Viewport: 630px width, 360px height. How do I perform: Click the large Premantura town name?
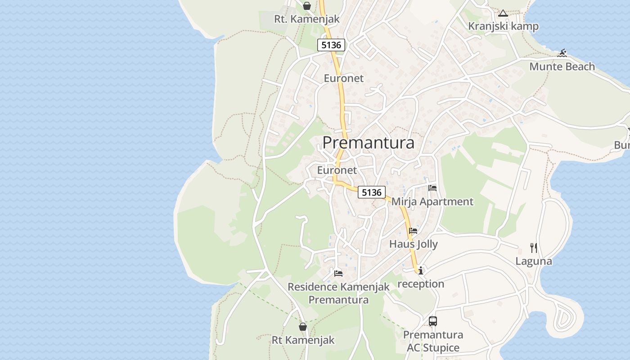(x=368, y=143)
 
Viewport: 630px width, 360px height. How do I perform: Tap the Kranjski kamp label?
(x=503, y=26)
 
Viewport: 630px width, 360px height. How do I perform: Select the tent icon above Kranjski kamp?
(x=503, y=13)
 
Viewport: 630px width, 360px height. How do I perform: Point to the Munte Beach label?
(x=562, y=67)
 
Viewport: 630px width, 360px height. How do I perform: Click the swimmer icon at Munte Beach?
(x=562, y=54)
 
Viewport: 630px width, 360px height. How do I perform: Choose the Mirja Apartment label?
(x=432, y=202)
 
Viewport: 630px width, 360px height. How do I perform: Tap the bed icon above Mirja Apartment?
(x=432, y=188)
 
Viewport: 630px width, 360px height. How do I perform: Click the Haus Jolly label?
(x=413, y=244)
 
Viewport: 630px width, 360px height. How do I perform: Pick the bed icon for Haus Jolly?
(x=413, y=231)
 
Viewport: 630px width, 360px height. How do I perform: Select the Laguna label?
(x=533, y=261)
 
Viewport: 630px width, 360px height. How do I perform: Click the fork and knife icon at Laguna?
(x=533, y=247)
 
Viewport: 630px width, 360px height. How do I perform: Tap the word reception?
(x=421, y=284)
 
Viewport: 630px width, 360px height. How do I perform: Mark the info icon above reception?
(x=421, y=270)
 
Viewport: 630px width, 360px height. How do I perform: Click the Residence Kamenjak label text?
(x=338, y=287)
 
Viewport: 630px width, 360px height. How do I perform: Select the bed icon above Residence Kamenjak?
(x=338, y=273)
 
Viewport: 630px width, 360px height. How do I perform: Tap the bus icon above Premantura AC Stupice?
(x=433, y=321)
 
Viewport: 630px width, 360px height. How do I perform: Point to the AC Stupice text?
(x=433, y=348)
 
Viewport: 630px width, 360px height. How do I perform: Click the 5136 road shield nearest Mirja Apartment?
(x=372, y=193)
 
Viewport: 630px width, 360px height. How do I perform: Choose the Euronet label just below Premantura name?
(x=337, y=170)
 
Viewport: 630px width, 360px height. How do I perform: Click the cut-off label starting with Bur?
(x=622, y=145)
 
